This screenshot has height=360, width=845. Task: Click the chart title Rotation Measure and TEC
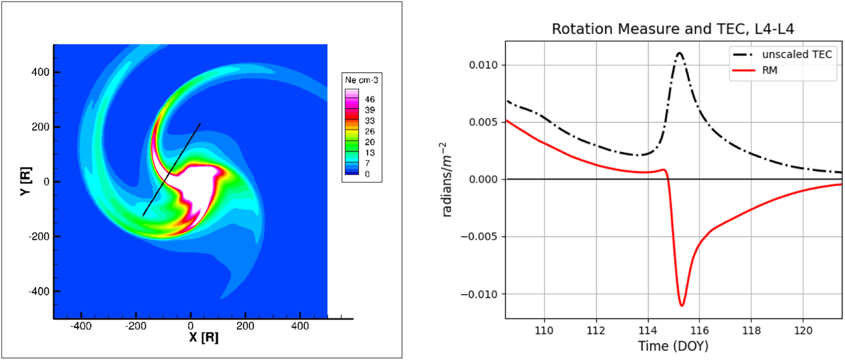click(672, 29)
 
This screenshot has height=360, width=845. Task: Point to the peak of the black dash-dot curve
click(679, 53)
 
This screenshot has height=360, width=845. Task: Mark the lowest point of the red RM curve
click(682, 306)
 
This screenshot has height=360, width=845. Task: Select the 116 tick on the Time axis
click(699, 331)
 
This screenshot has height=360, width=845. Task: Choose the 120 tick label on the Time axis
click(803, 331)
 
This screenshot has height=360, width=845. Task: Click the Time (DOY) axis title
click(673, 346)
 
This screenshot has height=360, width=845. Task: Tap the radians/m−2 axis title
click(446, 180)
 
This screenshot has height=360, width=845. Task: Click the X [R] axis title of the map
click(204, 337)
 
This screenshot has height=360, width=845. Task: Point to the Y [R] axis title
click(26, 181)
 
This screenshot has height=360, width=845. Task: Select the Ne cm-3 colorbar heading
click(361, 80)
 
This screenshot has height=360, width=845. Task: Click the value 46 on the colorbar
click(370, 99)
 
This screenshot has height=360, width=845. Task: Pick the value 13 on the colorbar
click(370, 153)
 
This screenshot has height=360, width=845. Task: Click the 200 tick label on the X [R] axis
click(245, 326)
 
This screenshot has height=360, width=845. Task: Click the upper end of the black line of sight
click(200, 124)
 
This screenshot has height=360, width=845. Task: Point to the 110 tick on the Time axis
click(544, 331)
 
